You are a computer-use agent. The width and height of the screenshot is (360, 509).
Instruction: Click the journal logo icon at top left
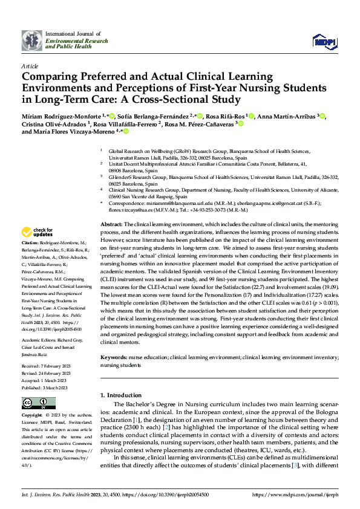pyautogui.click(x=32, y=39)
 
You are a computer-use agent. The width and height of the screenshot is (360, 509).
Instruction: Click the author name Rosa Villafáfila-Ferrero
pyautogui.click(x=125, y=124)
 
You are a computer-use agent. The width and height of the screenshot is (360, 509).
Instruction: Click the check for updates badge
pyautogui.click(x=38, y=231)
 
